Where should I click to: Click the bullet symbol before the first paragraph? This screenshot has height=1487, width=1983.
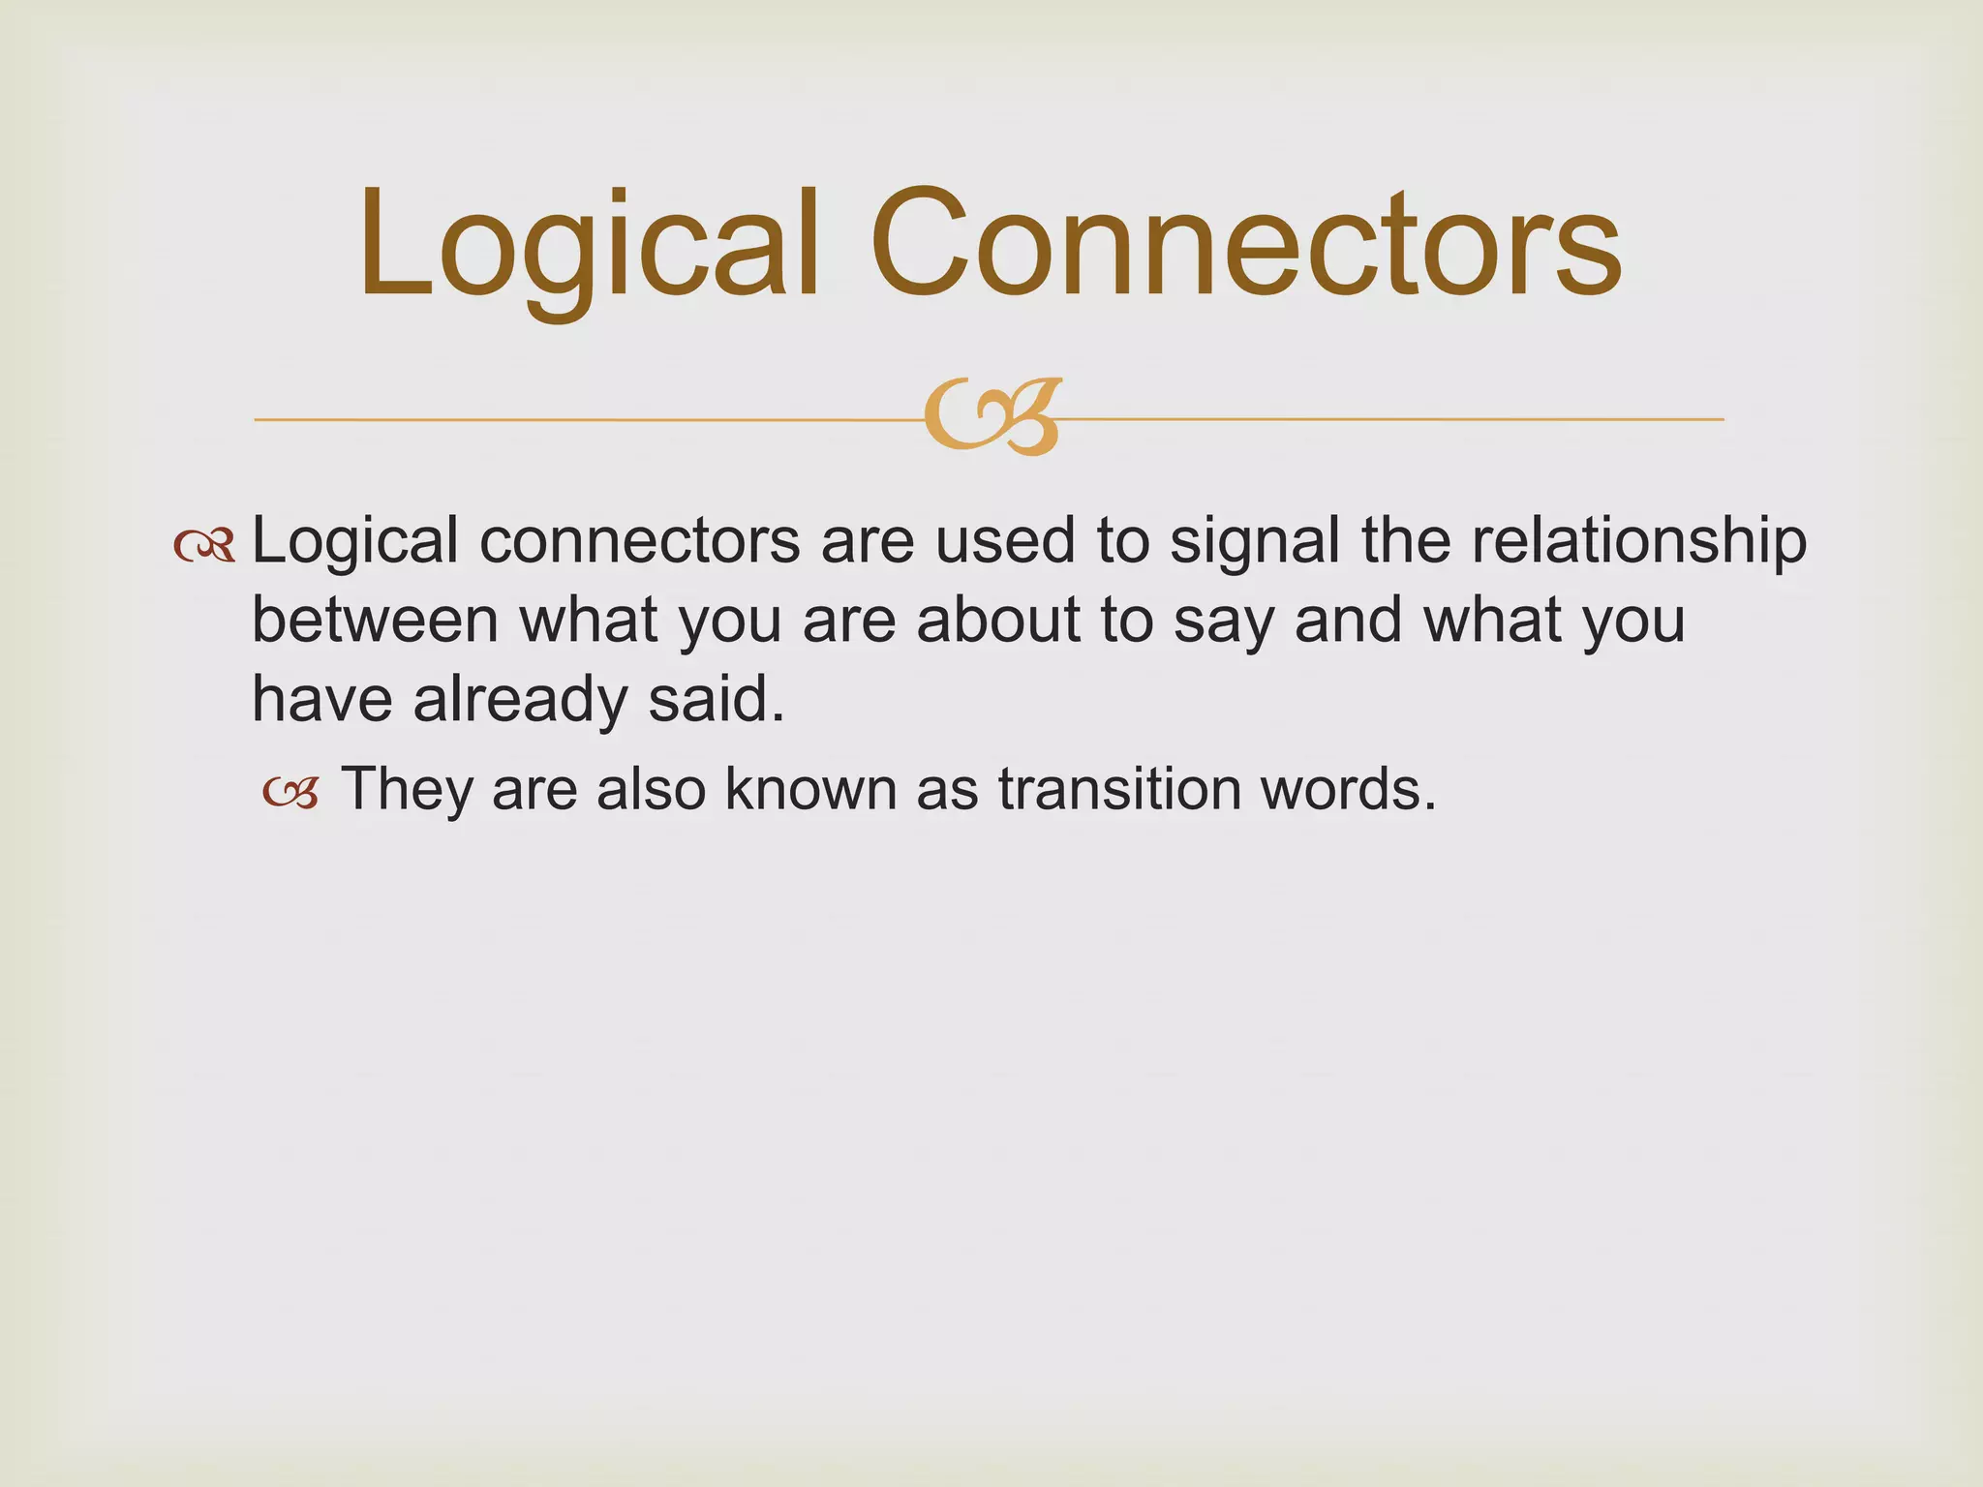coord(204,547)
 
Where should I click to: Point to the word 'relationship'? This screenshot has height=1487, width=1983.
coord(1638,542)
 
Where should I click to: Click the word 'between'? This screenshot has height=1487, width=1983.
coord(375,621)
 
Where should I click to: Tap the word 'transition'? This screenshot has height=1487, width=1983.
coord(1118,790)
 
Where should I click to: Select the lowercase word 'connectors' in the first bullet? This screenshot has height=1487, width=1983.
coord(639,542)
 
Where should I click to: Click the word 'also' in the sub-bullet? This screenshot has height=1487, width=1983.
coord(650,790)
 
